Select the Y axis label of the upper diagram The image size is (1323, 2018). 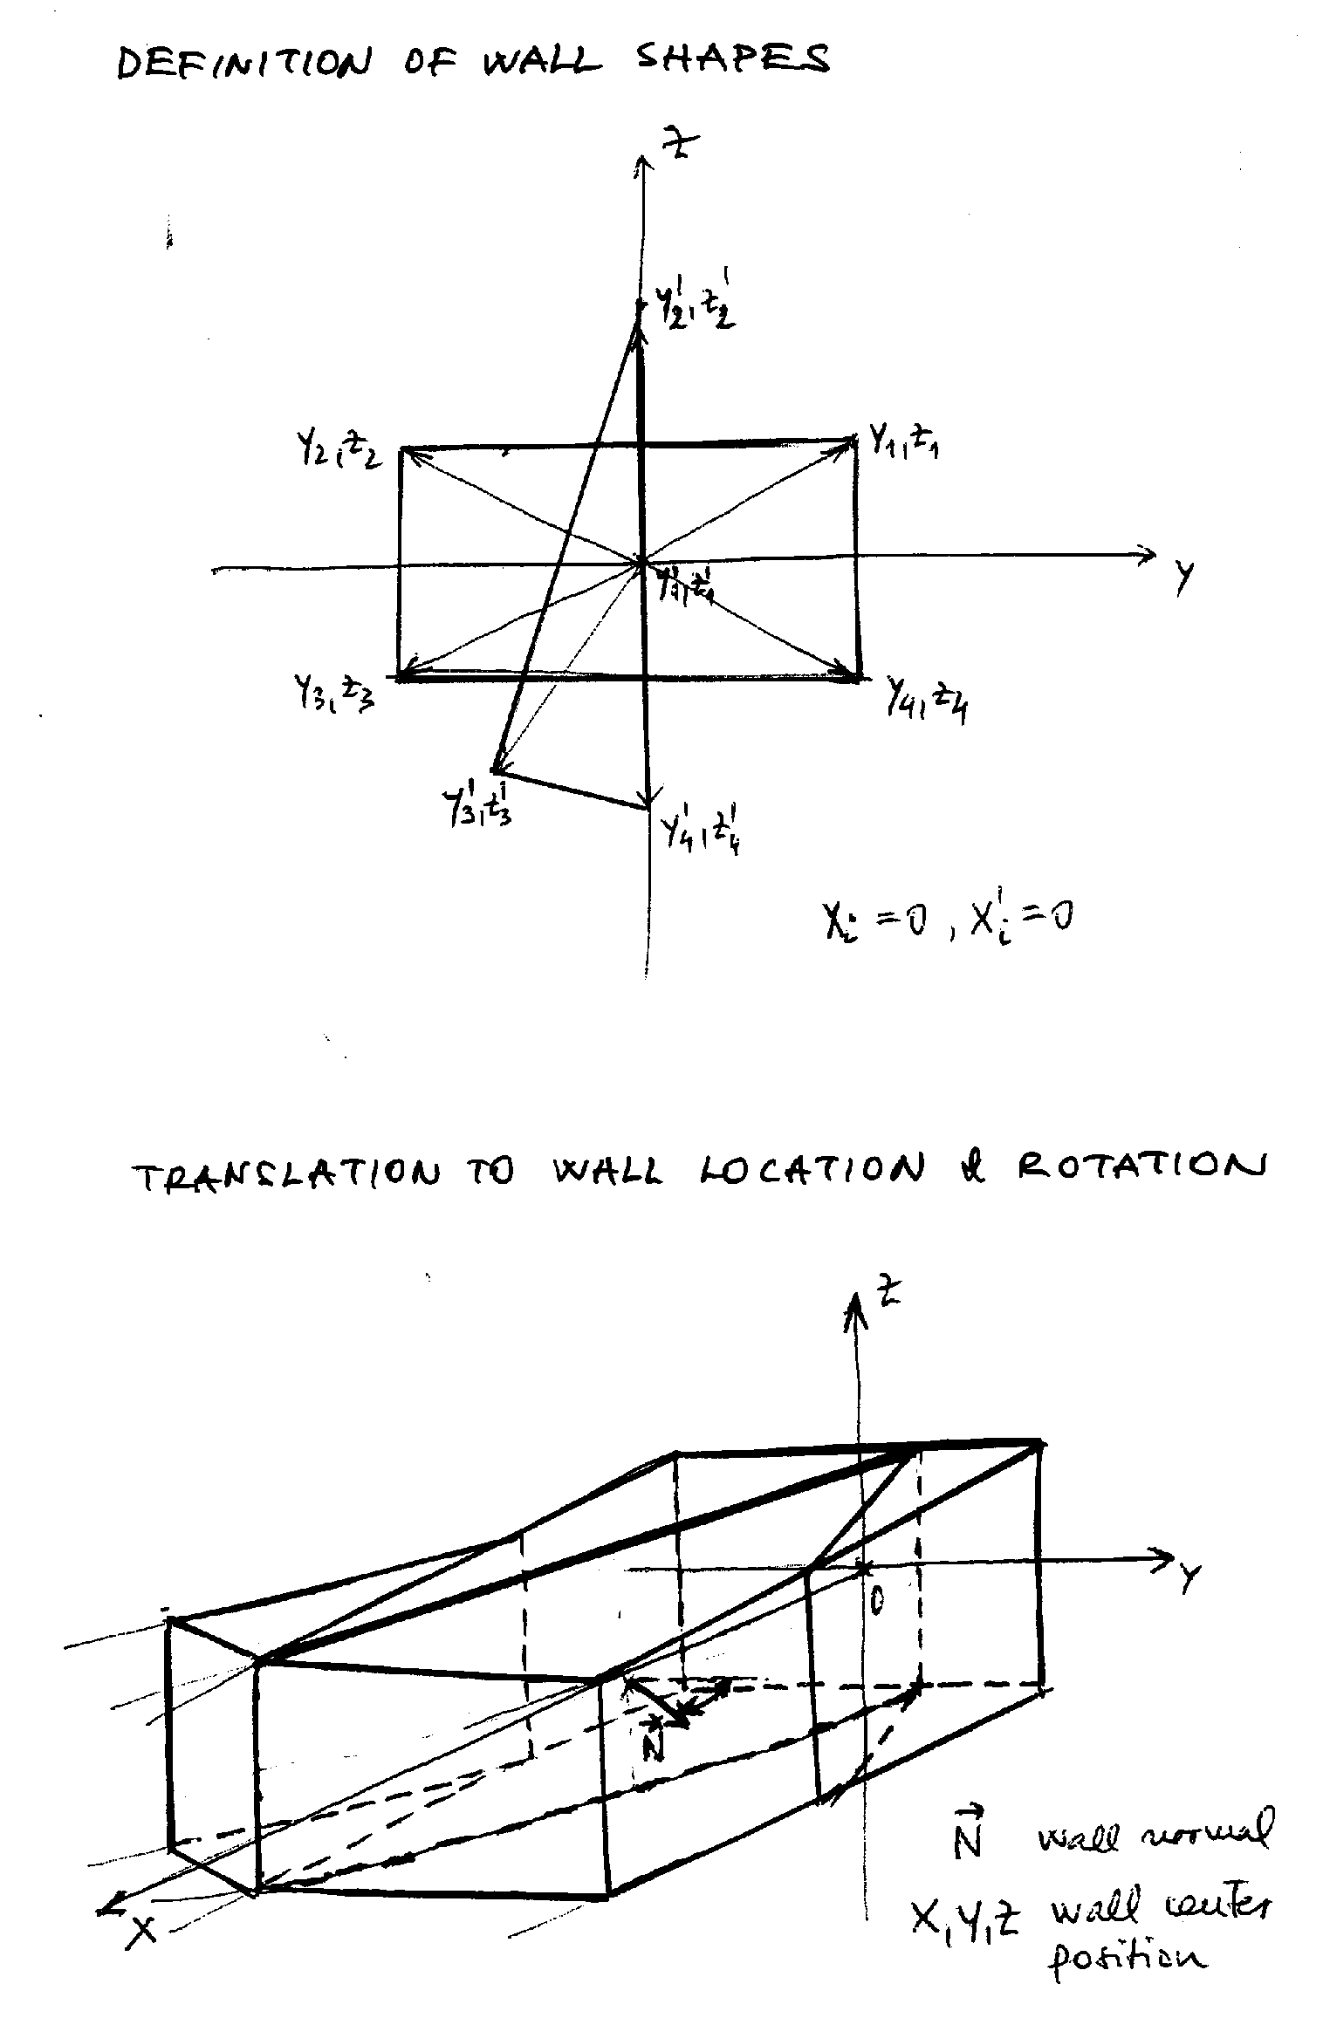(1183, 575)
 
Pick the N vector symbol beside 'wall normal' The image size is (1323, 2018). (967, 1831)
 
